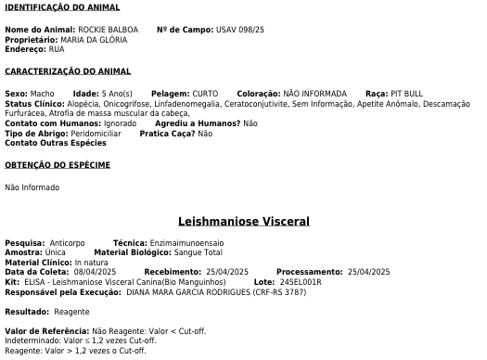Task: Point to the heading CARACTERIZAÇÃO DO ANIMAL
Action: point(68,71)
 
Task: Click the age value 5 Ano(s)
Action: point(118,94)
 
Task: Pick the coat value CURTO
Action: point(205,94)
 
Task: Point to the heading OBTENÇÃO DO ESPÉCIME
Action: point(58,165)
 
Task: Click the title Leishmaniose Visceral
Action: point(243,222)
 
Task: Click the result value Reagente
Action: point(72,312)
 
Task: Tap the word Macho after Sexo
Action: point(42,94)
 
